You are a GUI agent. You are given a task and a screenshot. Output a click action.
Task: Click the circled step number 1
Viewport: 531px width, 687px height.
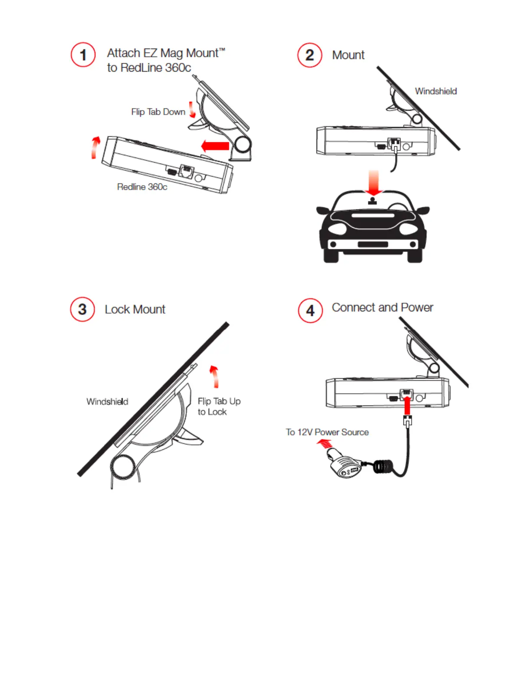click(x=83, y=55)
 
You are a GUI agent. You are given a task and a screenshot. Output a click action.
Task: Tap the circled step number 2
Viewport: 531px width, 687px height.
click(x=310, y=55)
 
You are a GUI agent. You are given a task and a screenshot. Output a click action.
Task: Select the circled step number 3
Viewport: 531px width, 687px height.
click(x=82, y=309)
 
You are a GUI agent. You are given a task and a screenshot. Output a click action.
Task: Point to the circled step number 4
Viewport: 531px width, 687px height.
click(x=310, y=311)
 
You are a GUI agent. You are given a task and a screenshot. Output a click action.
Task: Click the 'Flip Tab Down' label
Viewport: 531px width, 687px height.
click(x=158, y=112)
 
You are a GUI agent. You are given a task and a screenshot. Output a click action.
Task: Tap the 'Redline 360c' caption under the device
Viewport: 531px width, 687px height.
click(x=142, y=187)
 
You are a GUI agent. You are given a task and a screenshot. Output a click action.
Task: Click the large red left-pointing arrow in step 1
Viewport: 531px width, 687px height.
click(x=216, y=146)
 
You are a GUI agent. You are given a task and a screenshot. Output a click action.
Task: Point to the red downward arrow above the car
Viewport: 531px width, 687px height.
click(x=373, y=183)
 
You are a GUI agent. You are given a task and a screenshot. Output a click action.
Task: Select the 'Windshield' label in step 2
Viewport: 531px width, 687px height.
click(x=436, y=91)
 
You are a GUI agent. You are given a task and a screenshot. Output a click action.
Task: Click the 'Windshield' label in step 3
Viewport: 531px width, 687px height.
click(x=107, y=402)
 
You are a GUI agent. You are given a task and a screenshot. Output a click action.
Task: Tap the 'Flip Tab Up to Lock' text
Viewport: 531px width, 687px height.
click(x=219, y=406)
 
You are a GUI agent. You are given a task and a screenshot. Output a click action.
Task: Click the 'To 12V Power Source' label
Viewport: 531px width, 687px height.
click(x=327, y=432)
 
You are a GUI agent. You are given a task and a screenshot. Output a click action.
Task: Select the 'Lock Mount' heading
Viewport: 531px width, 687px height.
click(x=135, y=309)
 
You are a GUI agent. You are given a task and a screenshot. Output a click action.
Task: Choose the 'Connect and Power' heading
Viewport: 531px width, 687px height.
click(x=382, y=308)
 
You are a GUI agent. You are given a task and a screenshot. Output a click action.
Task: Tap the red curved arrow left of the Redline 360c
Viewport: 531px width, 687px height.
click(x=95, y=147)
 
